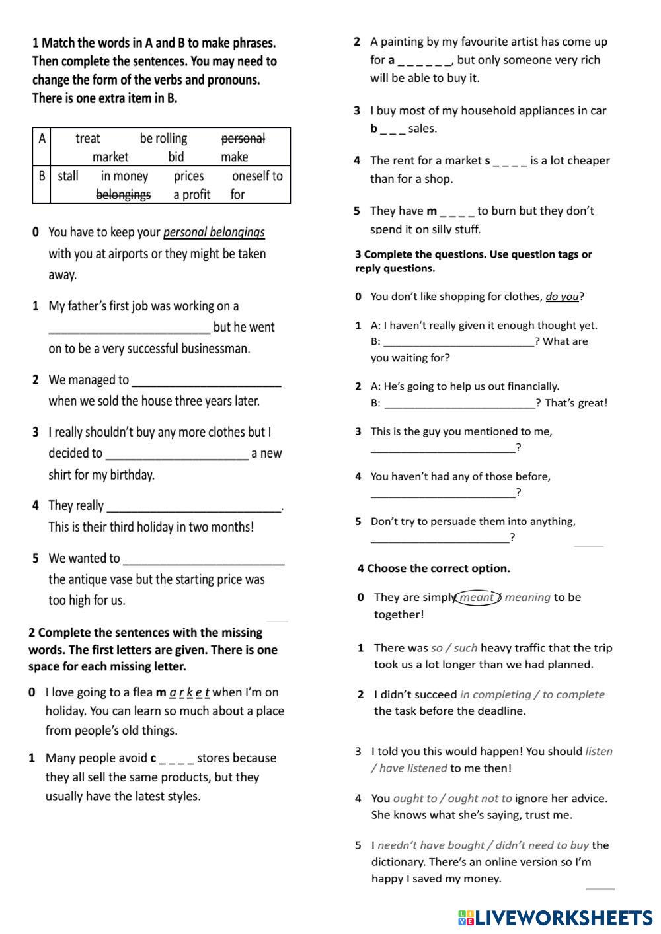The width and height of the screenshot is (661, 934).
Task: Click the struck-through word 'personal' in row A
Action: pyautogui.click(x=243, y=139)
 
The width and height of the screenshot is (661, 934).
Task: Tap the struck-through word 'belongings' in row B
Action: pyautogui.click(x=124, y=194)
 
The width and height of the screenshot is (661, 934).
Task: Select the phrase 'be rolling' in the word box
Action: pyautogui.click(x=163, y=139)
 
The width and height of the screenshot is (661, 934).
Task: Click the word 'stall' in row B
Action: pyautogui.click(x=67, y=176)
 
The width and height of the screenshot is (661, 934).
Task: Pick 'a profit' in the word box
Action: pyautogui.click(x=192, y=194)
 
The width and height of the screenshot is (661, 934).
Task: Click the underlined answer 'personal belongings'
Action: pyautogui.click(x=214, y=233)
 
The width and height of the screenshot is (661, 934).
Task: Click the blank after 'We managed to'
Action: pyautogui.click(x=207, y=381)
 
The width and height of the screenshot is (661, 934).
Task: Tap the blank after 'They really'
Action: pyautogui.click(x=194, y=507)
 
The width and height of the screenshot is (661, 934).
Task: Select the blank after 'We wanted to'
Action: pyautogui.click(x=204, y=560)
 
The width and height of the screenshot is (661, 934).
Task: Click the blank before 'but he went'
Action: pyautogui.click(x=130, y=328)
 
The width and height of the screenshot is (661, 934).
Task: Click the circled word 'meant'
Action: pyautogui.click(x=477, y=598)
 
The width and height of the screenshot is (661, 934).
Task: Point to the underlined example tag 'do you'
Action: pyautogui.click(x=563, y=297)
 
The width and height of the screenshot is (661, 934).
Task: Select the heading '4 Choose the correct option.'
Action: pyautogui.click(x=434, y=569)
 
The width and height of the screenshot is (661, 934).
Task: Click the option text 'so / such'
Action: pyautogui.click(x=454, y=648)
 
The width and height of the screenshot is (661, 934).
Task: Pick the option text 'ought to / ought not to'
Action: pyautogui.click(x=453, y=799)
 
